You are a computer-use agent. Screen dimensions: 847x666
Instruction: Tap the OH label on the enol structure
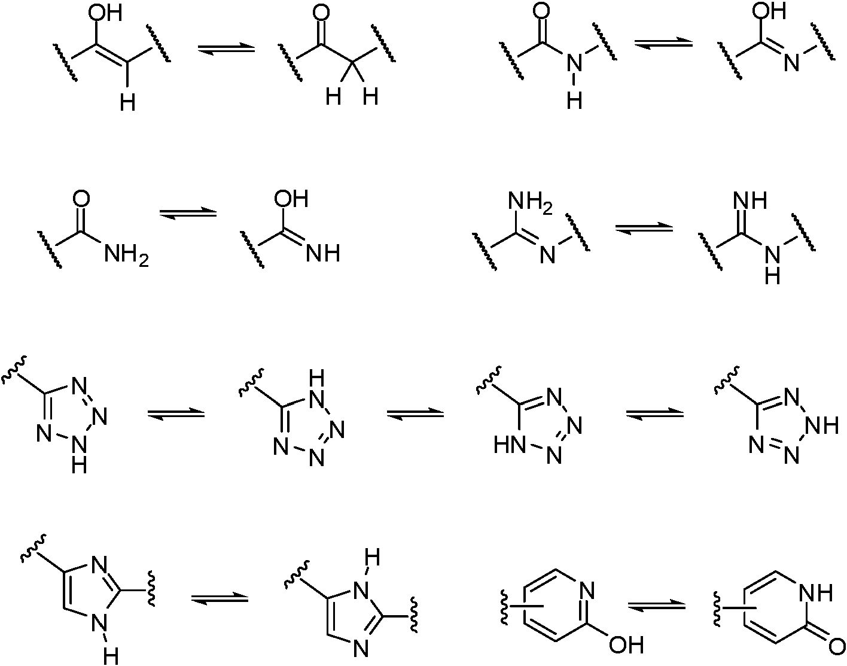click(105, 13)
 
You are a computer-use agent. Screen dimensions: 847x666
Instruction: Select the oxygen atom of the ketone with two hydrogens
click(321, 13)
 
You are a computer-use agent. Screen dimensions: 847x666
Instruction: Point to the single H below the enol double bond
click(128, 103)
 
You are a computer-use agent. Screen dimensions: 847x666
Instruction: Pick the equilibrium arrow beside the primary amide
click(188, 213)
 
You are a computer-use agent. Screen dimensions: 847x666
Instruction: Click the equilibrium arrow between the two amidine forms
click(644, 229)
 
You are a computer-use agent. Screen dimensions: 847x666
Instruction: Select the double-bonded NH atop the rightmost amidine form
click(750, 201)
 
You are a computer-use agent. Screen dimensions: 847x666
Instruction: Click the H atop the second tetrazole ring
click(316, 378)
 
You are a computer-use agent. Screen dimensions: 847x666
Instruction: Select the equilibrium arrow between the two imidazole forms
click(220, 598)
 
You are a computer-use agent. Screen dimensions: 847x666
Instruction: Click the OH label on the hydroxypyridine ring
click(626, 644)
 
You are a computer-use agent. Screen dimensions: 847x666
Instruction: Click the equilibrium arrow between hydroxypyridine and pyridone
click(656, 605)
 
